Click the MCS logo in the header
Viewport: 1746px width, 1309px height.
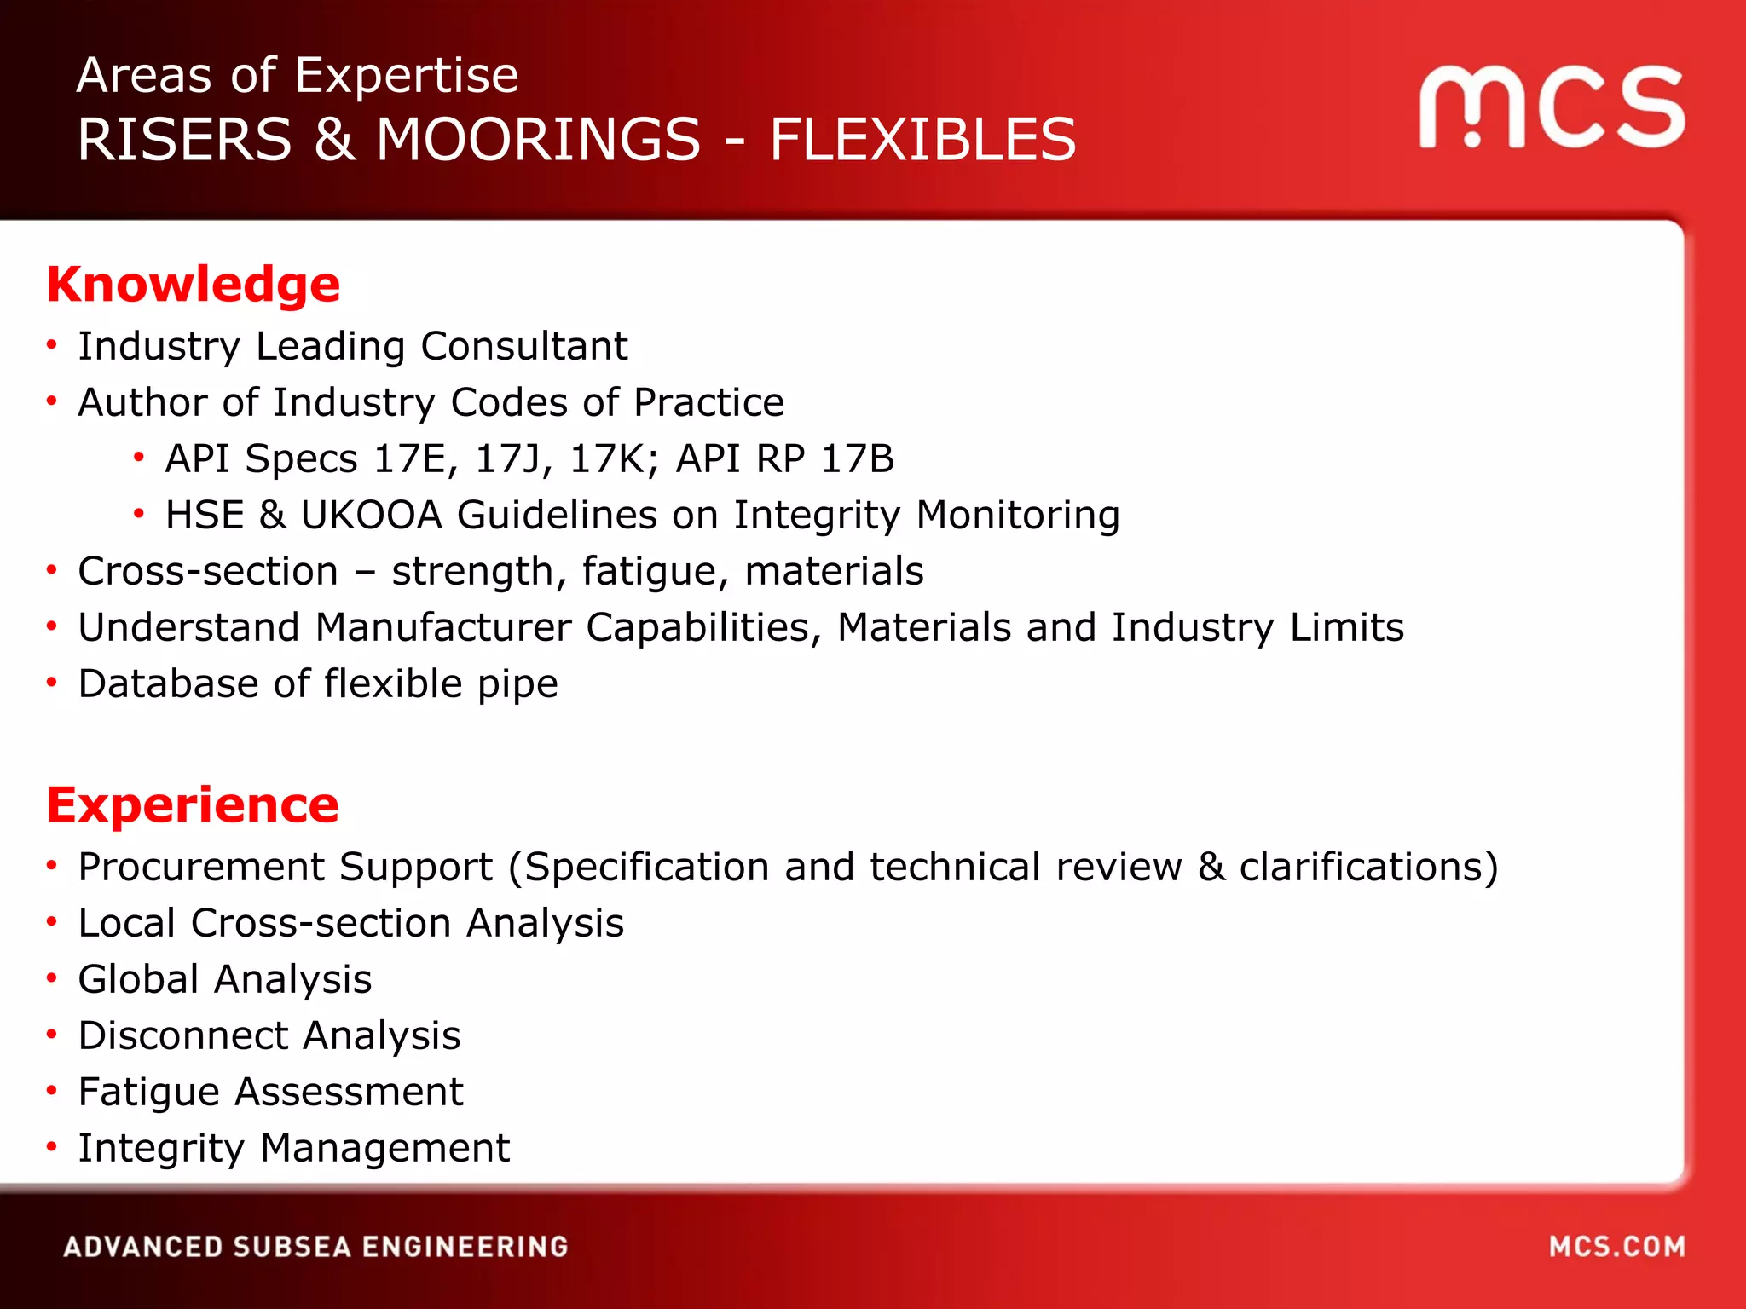1552,107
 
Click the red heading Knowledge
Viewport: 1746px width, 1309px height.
194,285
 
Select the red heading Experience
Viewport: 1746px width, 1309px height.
193,805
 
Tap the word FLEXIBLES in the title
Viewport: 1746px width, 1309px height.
922,140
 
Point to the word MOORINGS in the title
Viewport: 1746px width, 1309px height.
538,140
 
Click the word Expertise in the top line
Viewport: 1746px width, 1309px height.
407,75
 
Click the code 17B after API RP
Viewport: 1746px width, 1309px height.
858,458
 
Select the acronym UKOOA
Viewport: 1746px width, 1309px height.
372,515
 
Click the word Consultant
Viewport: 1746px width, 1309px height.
524,346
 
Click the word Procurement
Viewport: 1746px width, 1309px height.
200,867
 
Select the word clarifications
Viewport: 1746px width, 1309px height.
1368,867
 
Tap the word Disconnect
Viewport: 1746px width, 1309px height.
183,1035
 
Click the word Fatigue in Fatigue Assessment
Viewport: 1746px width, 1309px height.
149,1093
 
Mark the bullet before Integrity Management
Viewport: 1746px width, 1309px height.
52,1147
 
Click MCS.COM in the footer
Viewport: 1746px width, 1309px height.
1617,1247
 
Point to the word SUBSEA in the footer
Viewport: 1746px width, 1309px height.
292,1247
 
